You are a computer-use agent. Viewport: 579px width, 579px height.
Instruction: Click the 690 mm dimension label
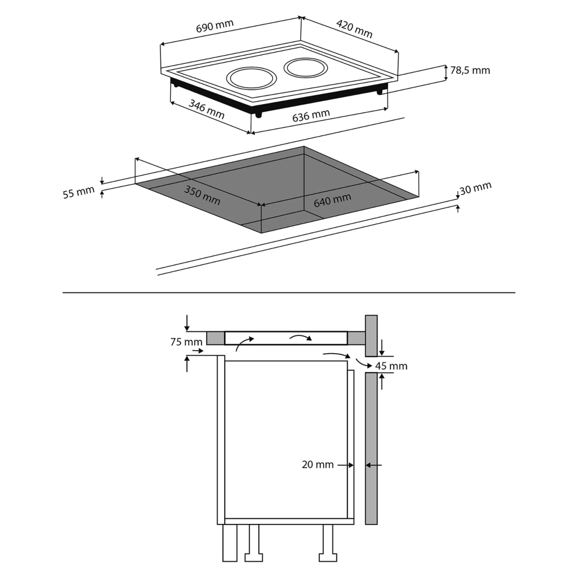[x=215, y=26]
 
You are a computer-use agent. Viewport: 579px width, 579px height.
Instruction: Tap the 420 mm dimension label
[x=354, y=29]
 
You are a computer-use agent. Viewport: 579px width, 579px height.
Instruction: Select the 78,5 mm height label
[x=470, y=70]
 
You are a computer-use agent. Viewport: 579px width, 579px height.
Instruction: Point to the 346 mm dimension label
[x=207, y=109]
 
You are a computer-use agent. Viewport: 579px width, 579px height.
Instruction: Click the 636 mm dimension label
[x=311, y=115]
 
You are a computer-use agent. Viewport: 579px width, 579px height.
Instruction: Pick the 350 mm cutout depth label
[x=202, y=195]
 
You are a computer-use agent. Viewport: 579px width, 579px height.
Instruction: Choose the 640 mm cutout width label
[x=332, y=200]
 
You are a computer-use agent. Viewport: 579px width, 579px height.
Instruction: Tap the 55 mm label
[x=79, y=192]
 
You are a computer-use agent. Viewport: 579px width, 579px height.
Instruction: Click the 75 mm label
[x=186, y=342]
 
